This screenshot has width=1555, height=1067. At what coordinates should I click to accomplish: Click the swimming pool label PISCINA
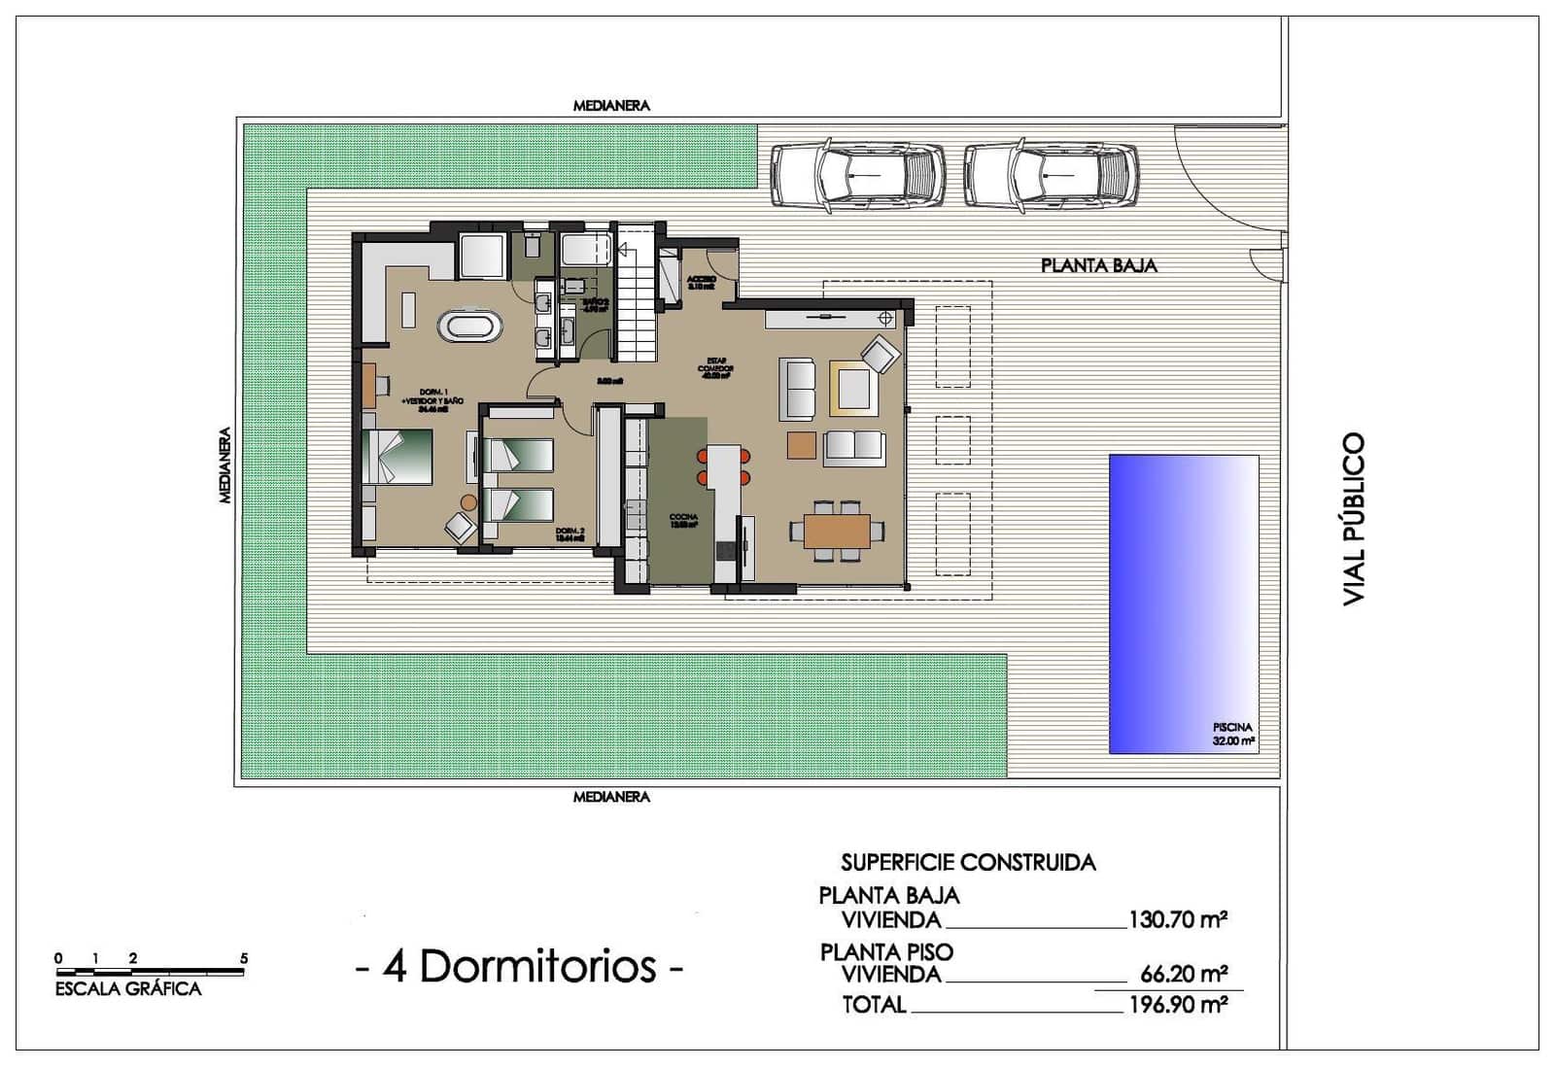pos(1232,727)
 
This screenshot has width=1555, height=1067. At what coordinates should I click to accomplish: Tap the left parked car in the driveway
pos(857,176)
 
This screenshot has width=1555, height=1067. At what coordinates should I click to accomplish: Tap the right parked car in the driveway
pos(1051,176)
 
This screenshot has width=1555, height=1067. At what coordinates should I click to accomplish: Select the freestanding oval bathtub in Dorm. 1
pos(471,326)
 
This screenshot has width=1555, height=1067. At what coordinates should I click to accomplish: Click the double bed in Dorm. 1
pos(398,457)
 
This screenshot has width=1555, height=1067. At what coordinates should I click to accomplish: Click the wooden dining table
pos(837,530)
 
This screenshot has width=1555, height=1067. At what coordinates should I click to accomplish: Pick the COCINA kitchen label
pos(683,518)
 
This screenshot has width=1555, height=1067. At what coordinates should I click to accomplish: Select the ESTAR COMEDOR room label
pos(714,367)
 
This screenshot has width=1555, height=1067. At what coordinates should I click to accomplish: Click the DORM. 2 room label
pos(570,532)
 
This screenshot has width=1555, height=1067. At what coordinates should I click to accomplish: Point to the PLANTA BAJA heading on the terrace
pos(1098,265)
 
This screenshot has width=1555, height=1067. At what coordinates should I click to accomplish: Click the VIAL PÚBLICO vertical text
pos(1354,520)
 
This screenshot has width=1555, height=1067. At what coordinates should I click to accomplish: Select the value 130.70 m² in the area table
pos(1177,919)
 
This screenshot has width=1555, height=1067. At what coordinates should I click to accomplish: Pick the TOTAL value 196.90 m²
pos(1177,1004)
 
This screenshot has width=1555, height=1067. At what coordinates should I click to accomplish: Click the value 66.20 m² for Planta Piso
pos(1184,973)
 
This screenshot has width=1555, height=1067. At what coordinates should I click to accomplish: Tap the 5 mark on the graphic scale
pos(244,958)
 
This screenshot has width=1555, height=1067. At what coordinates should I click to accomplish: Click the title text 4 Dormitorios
pos(520,967)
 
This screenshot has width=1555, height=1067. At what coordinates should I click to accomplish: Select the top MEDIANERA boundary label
pos(611,105)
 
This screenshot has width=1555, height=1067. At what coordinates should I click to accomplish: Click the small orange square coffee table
pos(802,444)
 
